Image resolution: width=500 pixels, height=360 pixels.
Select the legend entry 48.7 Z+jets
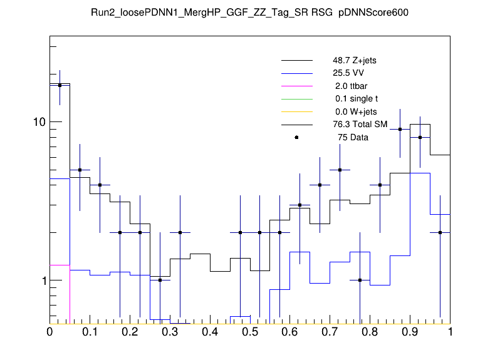[354, 61]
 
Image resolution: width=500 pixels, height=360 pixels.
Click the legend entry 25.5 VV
[349, 73]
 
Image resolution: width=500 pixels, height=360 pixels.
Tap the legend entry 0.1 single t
[355, 99]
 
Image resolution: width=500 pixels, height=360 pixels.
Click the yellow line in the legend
[296, 111]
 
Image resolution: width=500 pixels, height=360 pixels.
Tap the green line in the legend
[296, 99]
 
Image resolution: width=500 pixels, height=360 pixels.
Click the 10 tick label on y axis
[39, 122]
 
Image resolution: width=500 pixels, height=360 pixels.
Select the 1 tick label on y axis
[43, 281]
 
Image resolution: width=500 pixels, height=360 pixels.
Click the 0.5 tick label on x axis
[250, 332]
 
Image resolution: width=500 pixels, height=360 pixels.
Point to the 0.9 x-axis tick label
[410, 332]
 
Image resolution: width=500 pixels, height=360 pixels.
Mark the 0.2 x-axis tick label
[130, 332]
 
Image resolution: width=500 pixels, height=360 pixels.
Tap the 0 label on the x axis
[49, 332]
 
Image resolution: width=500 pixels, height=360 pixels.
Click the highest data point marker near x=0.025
[60, 85]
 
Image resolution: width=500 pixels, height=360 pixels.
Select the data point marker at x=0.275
[160, 280]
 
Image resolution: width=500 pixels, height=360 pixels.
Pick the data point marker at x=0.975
[440, 232]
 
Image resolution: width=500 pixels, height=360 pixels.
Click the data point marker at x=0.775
[360, 280]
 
